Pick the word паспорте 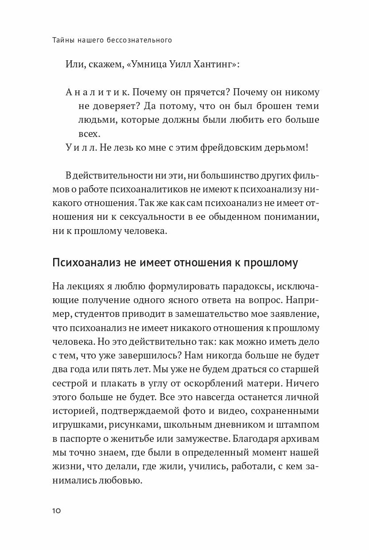tap(79, 439)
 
